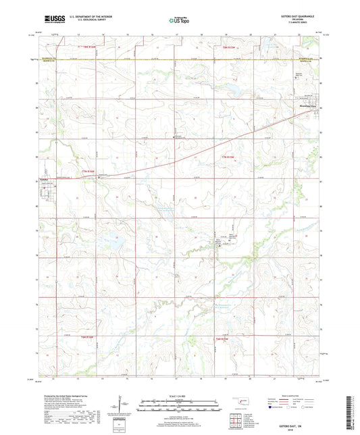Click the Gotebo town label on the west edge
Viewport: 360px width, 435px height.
43,180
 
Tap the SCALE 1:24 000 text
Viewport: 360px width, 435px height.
179,396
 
